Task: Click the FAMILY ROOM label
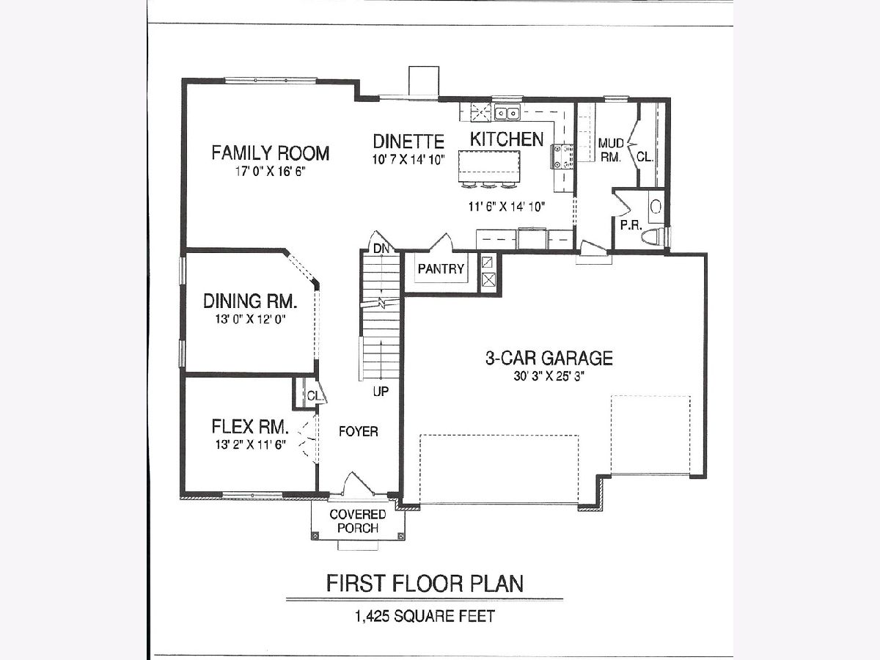pos(270,153)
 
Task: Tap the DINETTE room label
pos(408,142)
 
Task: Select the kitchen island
pos(490,166)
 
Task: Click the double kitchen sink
pos(507,113)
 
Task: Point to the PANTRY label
pos(441,268)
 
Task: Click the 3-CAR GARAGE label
pos(549,358)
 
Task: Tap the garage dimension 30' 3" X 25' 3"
pos(549,376)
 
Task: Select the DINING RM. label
pos(250,301)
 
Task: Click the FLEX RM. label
pos(250,426)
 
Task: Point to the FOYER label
pos(359,431)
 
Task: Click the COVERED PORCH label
pos(358,521)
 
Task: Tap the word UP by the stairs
pos(381,391)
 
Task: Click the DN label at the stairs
pos(381,249)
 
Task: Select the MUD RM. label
pos(611,150)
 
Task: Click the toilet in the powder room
pos(652,235)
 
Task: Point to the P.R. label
pos(631,225)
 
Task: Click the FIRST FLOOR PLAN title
pos(425,584)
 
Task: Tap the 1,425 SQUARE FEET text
pos(425,616)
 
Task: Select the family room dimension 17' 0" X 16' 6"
pos(270,172)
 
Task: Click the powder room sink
pos(656,207)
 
